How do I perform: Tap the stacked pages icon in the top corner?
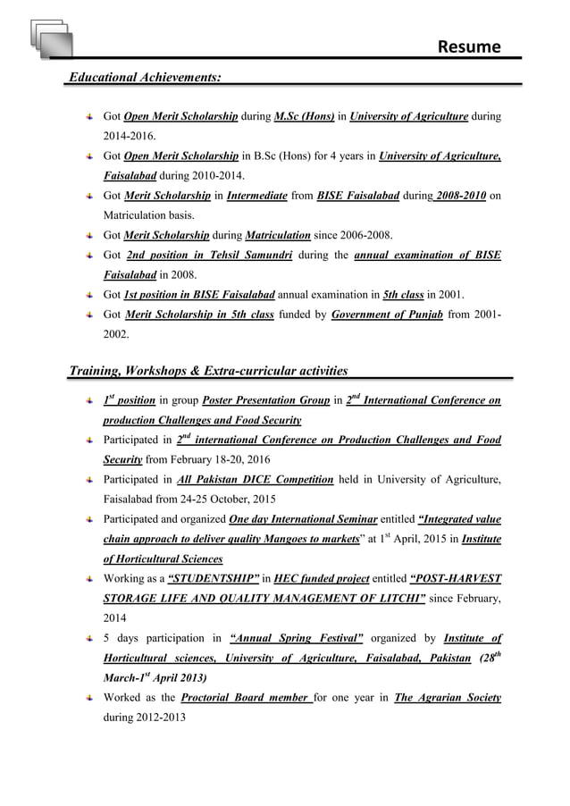(47, 37)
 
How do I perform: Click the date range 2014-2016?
(129, 136)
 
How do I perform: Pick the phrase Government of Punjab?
(389, 315)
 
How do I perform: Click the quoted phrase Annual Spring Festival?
(296, 638)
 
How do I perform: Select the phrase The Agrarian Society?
(447, 697)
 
